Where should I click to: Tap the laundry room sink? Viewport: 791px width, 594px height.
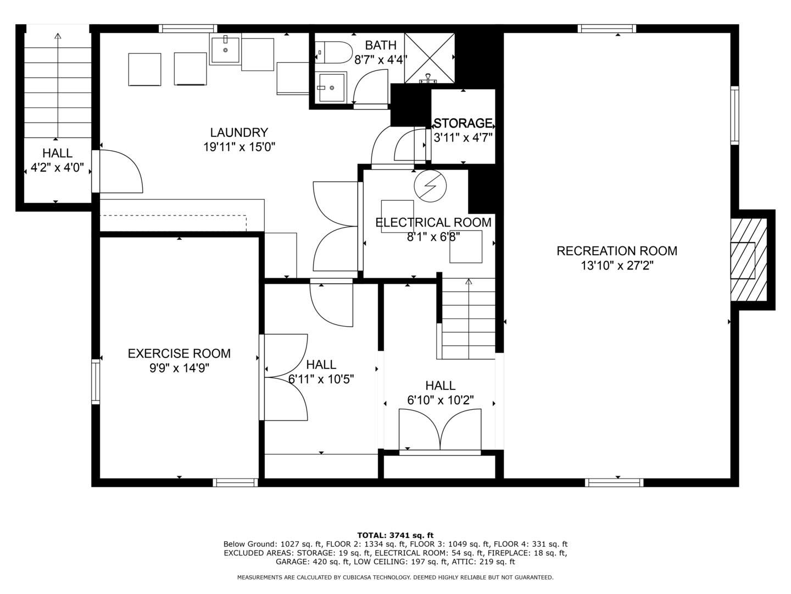[x=225, y=50]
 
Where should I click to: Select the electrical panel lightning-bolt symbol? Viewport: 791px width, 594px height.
[x=430, y=186]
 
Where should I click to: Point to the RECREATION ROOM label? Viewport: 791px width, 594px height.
[x=616, y=251]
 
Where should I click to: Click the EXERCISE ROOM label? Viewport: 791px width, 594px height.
[x=179, y=354]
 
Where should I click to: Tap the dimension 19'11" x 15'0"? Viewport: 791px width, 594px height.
[x=239, y=147]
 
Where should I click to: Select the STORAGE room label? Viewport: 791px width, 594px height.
[x=463, y=123]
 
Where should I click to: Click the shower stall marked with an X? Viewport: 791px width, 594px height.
[x=430, y=58]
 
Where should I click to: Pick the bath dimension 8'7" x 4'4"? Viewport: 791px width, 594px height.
[x=380, y=59]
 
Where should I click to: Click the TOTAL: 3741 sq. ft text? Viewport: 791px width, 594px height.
[x=395, y=535]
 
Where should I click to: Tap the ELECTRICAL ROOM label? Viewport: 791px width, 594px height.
[x=433, y=222]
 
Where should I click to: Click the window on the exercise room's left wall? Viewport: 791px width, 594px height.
[x=96, y=381]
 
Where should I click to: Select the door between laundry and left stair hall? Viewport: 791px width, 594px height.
[x=96, y=171]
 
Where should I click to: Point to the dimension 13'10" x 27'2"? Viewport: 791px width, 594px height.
[x=616, y=266]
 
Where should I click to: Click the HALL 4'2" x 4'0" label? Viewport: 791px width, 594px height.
[x=57, y=161]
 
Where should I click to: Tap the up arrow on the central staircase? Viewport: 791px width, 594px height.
[x=469, y=282]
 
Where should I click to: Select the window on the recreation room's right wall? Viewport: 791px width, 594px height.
[x=734, y=115]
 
